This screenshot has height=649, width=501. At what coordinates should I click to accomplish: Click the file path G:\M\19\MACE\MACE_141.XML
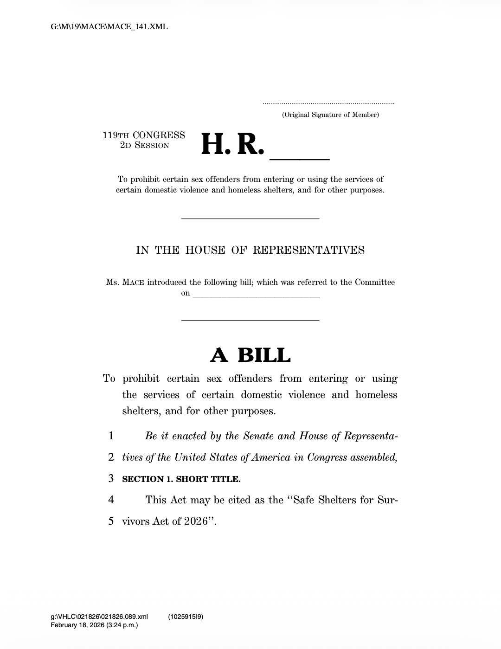pos(109,27)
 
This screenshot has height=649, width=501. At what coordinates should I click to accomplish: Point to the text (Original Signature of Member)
pos(330,115)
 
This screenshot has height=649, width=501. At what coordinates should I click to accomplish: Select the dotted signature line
pos(328,103)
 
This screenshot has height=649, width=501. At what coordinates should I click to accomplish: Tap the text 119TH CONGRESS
pos(144,135)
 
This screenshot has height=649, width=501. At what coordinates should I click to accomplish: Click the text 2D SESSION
pos(145,145)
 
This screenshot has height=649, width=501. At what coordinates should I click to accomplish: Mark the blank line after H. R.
pos(300,159)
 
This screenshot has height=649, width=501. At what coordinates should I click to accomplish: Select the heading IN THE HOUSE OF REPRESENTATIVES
pos(250,251)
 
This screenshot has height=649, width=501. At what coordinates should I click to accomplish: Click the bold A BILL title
pos(250,355)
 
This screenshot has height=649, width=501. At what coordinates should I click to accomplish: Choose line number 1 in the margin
pos(111,436)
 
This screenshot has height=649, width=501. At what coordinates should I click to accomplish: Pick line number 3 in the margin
pos(111,479)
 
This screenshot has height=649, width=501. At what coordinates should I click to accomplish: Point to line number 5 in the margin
pos(111,521)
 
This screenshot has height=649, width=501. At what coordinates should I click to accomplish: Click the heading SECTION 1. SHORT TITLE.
pos(181,479)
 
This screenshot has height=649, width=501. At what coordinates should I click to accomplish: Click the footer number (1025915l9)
pos(186,617)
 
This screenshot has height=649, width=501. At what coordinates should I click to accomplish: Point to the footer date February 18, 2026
pos(79,625)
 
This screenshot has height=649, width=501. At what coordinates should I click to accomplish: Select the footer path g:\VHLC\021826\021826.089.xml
pos(99,617)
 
